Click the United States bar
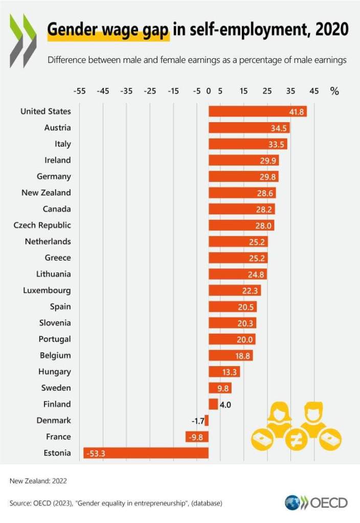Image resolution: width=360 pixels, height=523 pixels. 257,111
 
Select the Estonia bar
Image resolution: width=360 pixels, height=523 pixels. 146,453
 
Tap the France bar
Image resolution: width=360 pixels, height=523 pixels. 197,437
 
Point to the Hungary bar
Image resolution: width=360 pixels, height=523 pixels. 224,372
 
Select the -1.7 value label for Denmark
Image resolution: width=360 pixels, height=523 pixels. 197,421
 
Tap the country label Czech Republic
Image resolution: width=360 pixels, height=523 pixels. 42,225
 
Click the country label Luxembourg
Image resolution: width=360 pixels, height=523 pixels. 47,290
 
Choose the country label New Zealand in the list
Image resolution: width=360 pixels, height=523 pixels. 46,193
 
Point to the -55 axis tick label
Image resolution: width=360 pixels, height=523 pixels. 79,91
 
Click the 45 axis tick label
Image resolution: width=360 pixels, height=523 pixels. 314,91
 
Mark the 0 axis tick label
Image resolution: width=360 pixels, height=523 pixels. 209,91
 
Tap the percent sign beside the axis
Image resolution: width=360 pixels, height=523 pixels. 334,91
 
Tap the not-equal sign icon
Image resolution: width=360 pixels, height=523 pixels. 296,440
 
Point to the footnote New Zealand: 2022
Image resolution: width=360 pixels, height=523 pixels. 38,481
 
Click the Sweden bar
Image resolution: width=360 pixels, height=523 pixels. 220,388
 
